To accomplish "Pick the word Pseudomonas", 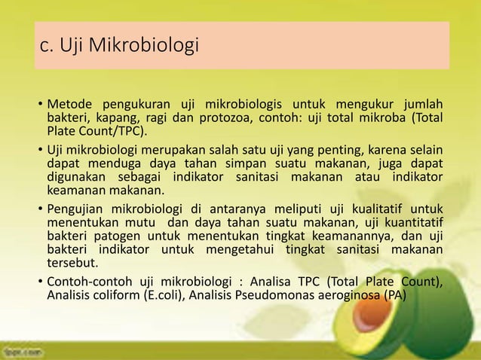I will pyautogui.click(x=294, y=294).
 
